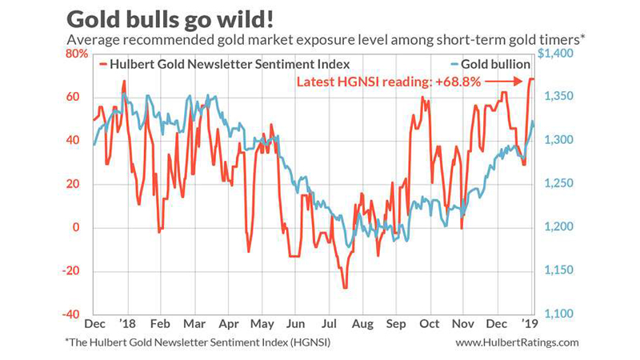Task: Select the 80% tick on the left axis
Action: [x=77, y=54]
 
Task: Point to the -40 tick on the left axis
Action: [x=70, y=314]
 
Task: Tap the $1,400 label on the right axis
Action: [x=555, y=54]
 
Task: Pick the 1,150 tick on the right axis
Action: [x=558, y=270]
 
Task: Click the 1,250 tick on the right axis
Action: [x=558, y=183]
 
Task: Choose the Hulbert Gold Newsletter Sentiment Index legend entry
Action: [x=225, y=65]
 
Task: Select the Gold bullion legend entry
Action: [x=490, y=65]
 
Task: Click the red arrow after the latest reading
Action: [x=504, y=82]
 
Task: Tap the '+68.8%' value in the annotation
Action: [x=458, y=82]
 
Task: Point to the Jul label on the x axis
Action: [x=329, y=324]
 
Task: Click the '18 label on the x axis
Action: [x=127, y=324]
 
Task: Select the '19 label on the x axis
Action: [x=530, y=324]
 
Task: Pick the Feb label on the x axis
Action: [x=160, y=324]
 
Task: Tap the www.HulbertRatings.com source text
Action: [x=517, y=342]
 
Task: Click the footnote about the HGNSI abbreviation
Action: [x=198, y=342]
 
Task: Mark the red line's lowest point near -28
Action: [x=346, y=287]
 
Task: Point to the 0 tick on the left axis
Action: [x=76, y=227]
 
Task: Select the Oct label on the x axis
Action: [x=430, y=324]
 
